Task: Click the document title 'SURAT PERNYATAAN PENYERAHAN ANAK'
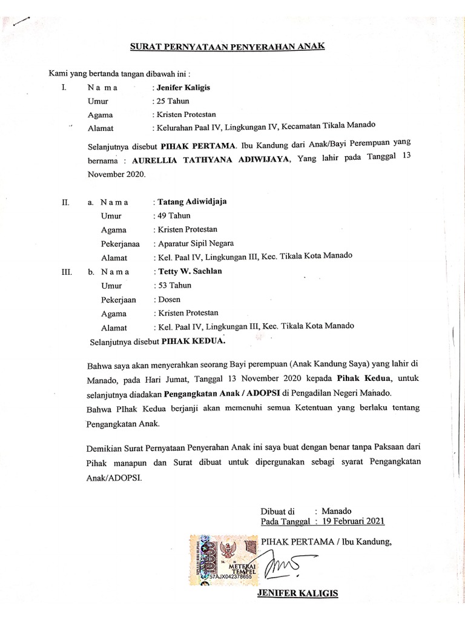[x=229, y=47]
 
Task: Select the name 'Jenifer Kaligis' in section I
[x=183, y=87]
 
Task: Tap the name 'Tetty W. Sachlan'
[x=189, y=271]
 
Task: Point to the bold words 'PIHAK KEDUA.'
[x=193, y=341]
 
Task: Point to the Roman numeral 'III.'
[x=67, y=272]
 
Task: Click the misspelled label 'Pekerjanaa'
[x=120, y=244]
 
